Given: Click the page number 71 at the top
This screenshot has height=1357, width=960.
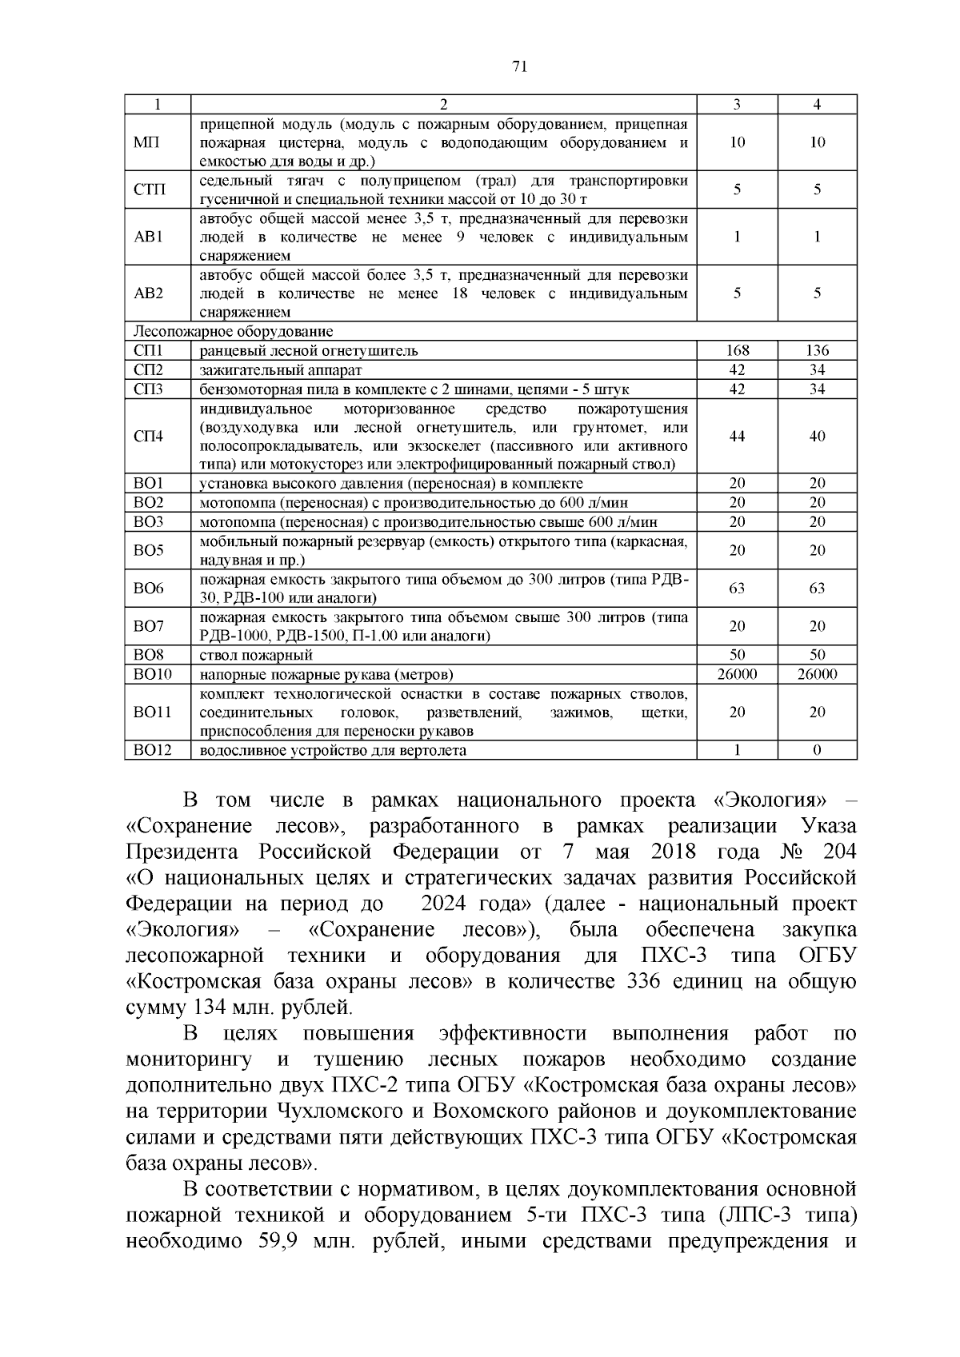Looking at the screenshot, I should point(518,67).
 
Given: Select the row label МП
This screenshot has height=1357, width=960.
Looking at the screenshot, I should point(146,142).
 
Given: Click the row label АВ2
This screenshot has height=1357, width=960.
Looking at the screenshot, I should point(148,293).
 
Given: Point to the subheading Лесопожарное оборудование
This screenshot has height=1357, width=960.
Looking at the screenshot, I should point(233,331).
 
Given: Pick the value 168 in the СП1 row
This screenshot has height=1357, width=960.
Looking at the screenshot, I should point(737,350).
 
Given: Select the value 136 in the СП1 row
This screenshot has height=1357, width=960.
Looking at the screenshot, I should point(817,350).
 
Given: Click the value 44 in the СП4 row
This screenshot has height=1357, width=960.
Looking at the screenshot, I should point(737,437).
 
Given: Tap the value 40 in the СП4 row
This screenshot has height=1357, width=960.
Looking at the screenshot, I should point(817,437).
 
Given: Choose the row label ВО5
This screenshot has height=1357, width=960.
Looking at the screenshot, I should point(148,550).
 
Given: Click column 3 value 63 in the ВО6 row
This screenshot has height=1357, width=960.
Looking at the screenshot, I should point(737,589).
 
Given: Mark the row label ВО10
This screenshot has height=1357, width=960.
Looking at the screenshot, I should point(152,674).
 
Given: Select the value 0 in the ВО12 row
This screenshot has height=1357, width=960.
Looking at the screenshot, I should point(817,750).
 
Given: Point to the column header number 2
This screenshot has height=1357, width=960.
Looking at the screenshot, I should point(444,105).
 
